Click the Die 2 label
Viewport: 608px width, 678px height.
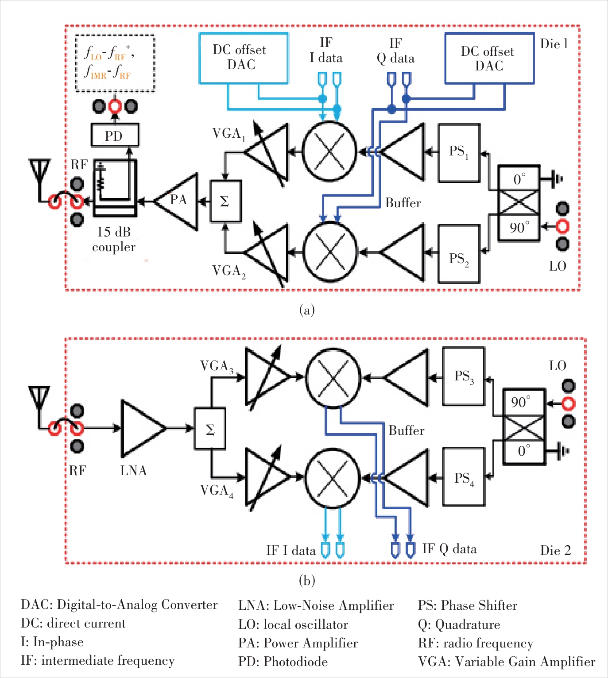555,550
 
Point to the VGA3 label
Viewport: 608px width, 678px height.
217,367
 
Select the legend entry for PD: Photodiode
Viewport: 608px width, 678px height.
283,662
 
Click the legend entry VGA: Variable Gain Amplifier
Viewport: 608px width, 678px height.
507,662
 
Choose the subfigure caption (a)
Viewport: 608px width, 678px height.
307,310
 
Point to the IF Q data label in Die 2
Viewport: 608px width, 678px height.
449,549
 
